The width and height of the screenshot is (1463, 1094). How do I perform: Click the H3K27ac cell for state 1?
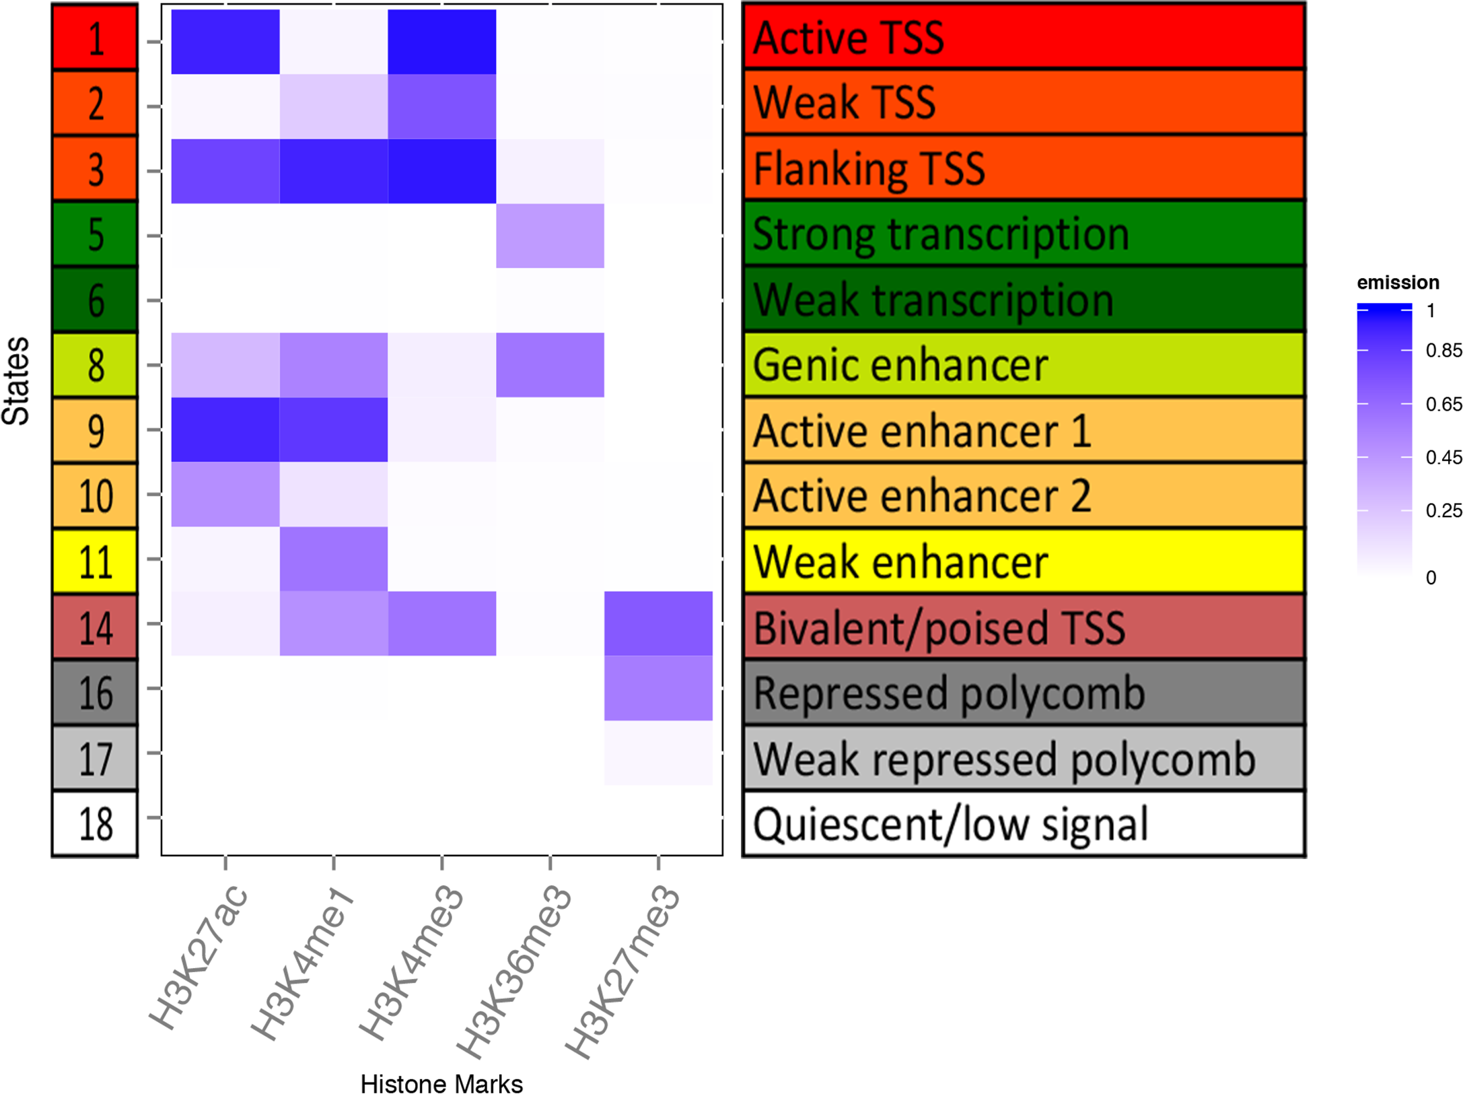225,42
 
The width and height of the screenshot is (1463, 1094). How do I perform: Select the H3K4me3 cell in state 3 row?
442,171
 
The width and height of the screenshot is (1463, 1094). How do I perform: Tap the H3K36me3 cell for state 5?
550,236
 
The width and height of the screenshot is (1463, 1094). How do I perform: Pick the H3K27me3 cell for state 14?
658,623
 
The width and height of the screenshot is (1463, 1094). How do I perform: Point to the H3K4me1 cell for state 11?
334,559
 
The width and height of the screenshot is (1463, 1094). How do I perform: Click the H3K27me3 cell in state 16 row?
658,688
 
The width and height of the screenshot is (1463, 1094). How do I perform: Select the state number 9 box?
95,430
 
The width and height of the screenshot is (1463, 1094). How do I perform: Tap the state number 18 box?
95,823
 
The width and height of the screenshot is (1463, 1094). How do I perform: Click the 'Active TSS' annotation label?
849,38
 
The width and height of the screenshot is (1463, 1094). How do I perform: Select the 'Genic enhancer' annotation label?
900,365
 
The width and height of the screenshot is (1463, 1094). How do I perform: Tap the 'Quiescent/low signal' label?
950,824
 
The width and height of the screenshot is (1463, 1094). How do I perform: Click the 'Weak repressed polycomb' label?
1004,760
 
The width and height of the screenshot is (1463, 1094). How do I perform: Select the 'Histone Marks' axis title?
441,1084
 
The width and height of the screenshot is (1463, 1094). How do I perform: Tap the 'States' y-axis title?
16,381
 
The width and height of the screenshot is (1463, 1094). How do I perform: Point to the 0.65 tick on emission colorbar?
1443,404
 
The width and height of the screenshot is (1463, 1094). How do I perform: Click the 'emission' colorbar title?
1398,282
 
